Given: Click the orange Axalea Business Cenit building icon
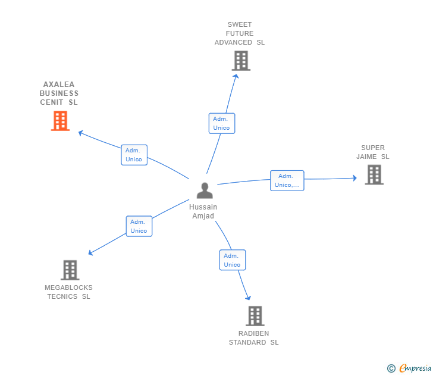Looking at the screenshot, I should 60,121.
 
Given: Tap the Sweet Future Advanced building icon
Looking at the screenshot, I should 240,61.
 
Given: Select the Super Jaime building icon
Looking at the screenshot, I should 374,174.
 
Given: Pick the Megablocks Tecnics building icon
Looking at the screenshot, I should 70,270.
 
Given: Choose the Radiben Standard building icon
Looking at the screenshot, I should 255,316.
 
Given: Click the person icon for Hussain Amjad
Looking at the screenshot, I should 204,190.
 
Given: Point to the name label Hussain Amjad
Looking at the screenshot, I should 203,211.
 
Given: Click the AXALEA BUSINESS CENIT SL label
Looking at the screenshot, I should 59,93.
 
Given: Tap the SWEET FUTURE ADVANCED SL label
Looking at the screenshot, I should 240,33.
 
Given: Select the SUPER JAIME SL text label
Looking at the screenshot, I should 373,152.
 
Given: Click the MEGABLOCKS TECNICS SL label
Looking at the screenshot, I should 69,292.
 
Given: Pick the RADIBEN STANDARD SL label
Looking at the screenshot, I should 254,338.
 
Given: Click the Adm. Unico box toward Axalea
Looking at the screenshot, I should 134,155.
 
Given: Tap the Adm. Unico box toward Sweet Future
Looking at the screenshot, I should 221,123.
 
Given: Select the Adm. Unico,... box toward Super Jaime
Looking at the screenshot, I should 287,180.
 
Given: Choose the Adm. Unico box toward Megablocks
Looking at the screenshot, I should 139,226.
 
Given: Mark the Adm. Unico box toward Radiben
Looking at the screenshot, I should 232,260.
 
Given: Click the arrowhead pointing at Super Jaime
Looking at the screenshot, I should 354,178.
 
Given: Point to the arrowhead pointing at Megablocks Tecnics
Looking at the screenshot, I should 90,254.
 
